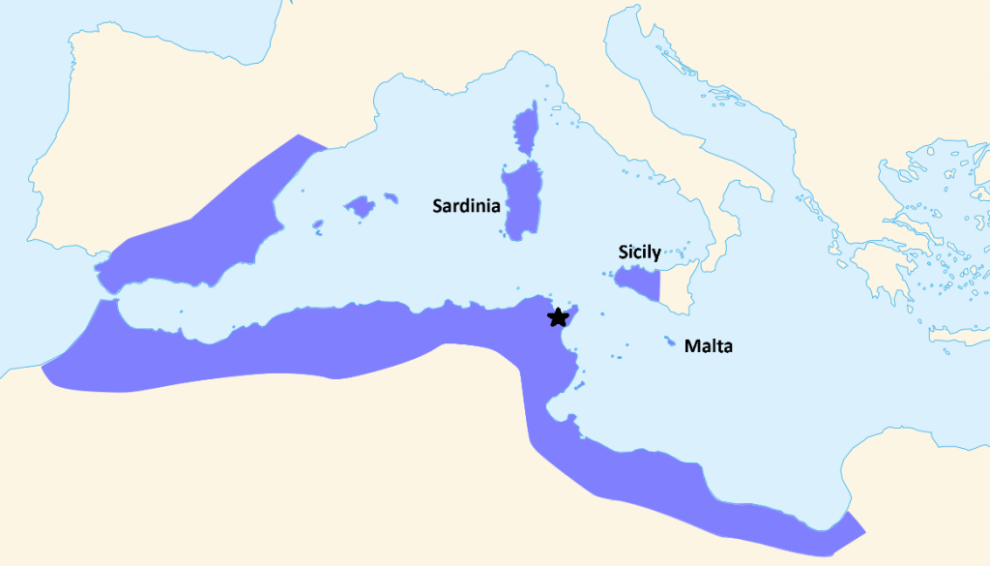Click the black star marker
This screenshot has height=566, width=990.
click(557, 316)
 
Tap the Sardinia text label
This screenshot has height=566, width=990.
click(466, 205)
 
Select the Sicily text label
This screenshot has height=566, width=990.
click(640, 253)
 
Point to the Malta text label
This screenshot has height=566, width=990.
click(709, 345)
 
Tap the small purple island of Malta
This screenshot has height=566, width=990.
click(670, 343)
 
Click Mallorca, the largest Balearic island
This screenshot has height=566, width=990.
click(360, 206)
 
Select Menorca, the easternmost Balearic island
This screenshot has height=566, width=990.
click(392, 197)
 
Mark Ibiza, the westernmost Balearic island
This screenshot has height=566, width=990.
click(318, 228)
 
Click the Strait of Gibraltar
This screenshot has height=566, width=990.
click(105, 293)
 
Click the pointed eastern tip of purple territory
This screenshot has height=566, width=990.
click(863, 531)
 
